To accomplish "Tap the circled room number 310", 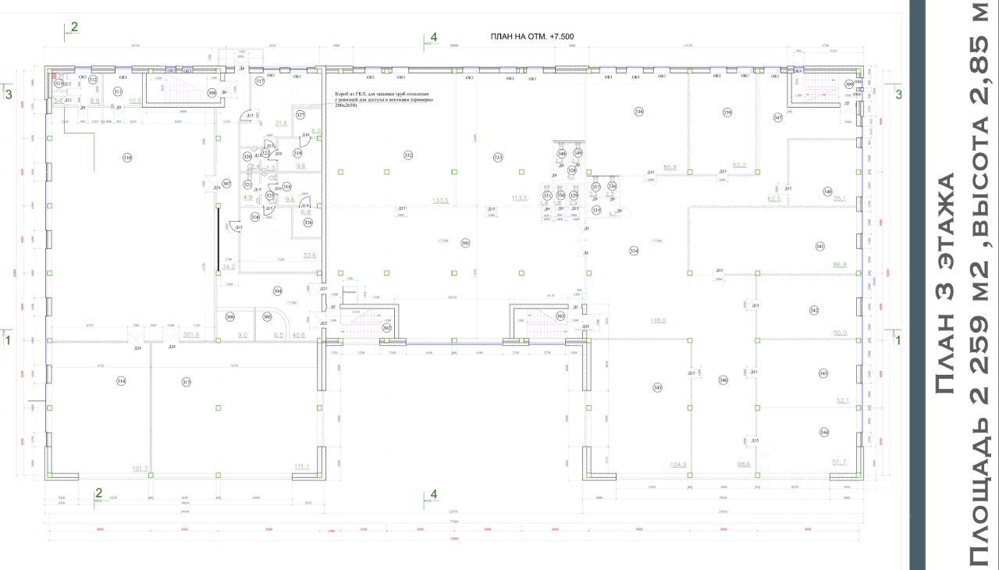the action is (x=127, y=158).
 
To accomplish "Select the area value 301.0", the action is (x=191, y=335).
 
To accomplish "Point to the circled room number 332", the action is (x=408, y=156).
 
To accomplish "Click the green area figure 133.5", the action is (x=441, y=201).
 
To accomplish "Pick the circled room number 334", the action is (x=634, y=251).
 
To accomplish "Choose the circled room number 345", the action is (x=658, y=388).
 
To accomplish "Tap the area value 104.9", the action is (x=678, y=465).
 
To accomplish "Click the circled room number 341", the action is (x=819, y=247).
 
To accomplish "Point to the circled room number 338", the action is (x=639, y=112).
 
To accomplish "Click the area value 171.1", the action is (x=301, y=467).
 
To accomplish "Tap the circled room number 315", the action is (x=187, y=382).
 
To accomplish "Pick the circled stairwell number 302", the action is (x=386, y=329).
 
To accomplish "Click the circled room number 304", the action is (x=277, y=290).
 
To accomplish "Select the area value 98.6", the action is (x=742, y=465).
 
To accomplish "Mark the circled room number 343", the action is (x=823, y=374).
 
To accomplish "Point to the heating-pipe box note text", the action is (x=383, y=105).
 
